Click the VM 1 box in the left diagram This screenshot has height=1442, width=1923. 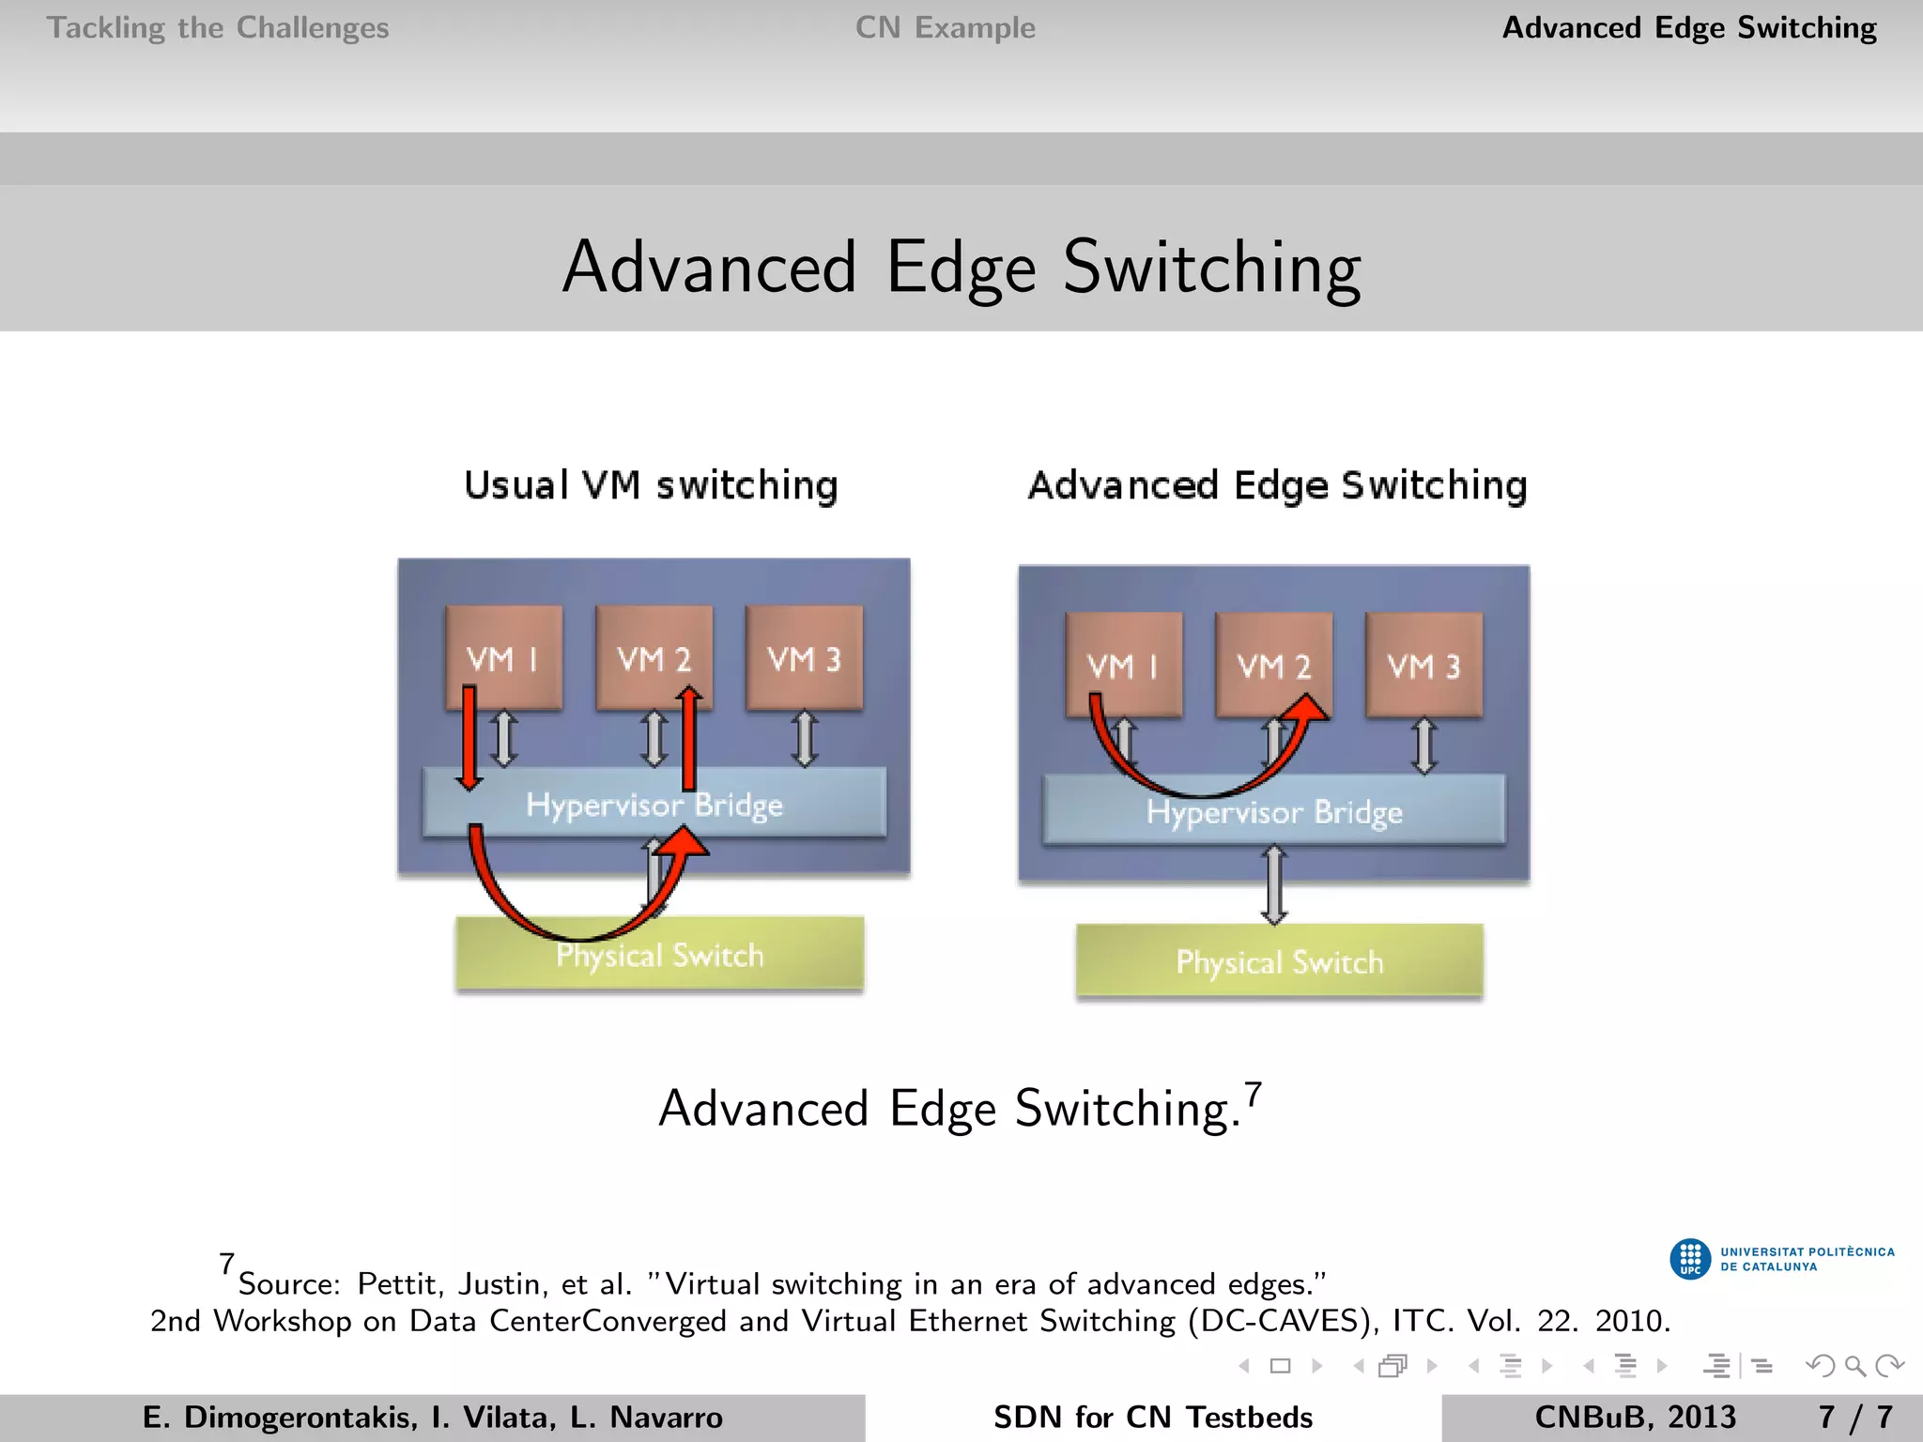pos(504,657)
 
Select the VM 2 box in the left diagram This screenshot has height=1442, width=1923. pos(654,657)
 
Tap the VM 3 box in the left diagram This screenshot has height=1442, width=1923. pos(805,657)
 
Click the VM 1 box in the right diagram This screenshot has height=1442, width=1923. pos(1124,665)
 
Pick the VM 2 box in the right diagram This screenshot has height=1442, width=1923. pos(1274,665)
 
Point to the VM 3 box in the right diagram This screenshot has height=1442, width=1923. pos(1424,665)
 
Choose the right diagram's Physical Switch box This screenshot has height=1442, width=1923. pos(1280,961)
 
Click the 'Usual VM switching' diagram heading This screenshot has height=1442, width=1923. pos(651,485)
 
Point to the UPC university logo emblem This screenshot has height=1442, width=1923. pos(1690,1259)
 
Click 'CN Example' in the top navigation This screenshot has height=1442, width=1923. pos(946,28)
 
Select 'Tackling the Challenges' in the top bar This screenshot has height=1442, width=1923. pos(218,28)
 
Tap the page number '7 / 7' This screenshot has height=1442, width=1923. pos(1854,1417)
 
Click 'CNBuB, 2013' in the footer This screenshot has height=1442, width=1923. pos(1635,1417)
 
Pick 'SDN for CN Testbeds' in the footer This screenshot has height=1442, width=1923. pos(1153,1417)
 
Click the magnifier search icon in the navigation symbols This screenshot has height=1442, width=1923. pos(1854,1366)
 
